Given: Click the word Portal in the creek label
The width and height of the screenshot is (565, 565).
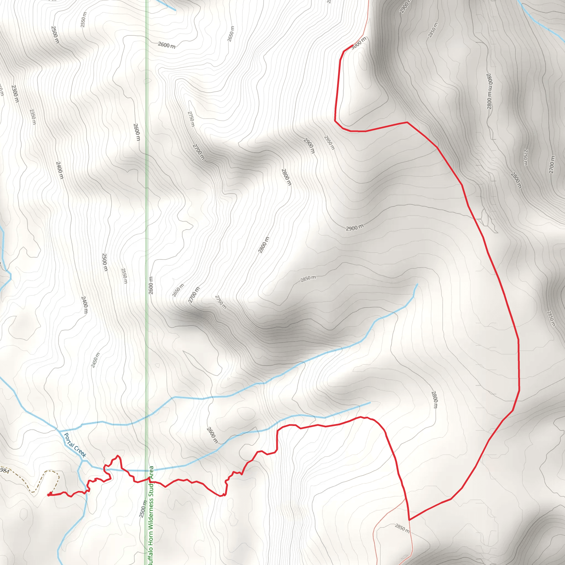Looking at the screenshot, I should point(69,439).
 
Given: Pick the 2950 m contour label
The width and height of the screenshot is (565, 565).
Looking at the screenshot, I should point(329,142).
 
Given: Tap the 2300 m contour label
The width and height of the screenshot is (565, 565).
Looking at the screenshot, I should point(15,94).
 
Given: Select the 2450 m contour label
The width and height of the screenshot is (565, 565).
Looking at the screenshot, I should point(95,360).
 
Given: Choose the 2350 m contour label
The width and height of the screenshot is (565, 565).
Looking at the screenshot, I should point(33,117).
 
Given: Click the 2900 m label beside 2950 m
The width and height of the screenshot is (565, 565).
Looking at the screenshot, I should point(309,146).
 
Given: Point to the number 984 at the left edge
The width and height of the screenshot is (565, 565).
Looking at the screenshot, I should point(5,471).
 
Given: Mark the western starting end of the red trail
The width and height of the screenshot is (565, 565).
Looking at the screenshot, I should point(48,495).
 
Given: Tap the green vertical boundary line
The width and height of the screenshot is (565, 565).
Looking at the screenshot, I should point(147,205).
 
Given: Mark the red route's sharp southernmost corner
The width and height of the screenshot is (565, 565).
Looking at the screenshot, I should point(409,520).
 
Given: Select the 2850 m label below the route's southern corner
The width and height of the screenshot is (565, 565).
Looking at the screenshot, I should point(403,528).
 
